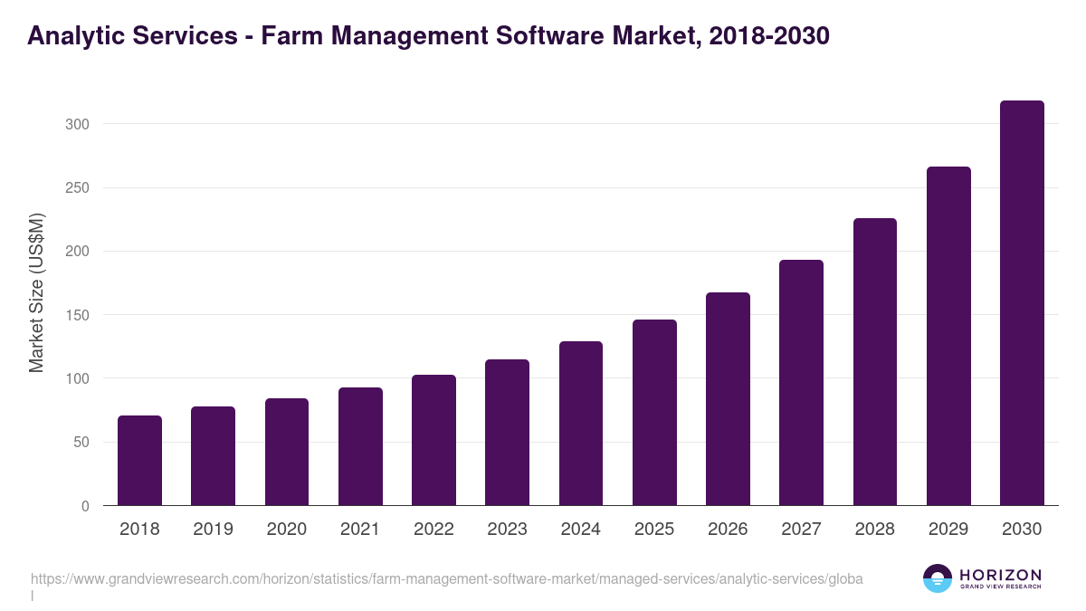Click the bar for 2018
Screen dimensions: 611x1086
139,461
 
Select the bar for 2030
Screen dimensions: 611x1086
1022,303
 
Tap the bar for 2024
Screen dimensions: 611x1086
581,424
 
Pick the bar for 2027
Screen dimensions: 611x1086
801,383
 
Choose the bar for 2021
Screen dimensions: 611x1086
360,446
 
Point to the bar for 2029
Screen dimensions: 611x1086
948,336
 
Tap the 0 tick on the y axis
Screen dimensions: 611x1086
85,506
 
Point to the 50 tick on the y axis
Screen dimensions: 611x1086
81,443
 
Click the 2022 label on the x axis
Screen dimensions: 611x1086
433,530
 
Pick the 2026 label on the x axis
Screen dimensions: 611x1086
728,530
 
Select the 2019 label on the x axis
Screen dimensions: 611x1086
213,530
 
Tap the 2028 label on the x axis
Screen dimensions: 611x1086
875,530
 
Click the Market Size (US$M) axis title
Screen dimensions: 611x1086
36,292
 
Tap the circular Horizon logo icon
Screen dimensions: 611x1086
938,578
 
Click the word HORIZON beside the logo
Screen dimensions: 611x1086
1000,575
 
